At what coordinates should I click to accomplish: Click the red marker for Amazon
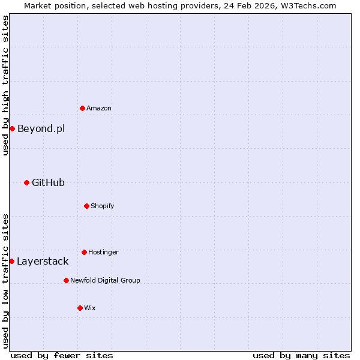coord(82,108)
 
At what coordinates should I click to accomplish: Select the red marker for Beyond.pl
coord(12,128)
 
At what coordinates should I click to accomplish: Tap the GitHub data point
coord(26,182)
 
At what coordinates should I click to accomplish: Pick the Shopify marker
coord(86,206)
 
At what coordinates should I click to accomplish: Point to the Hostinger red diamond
coord(84,252)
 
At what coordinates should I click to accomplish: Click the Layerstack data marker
coord(11,261)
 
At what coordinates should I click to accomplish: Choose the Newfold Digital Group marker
coord(66,280)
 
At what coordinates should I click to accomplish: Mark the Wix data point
coord(80,308)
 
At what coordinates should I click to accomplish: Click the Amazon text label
coord(99,109)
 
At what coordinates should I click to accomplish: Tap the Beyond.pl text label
coord(41,128)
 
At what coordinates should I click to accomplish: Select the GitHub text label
coord(48,182)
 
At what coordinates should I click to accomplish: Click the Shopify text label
coord(103,206)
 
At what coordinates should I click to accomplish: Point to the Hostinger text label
coord(103,253)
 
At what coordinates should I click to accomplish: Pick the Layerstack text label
coord(43,261)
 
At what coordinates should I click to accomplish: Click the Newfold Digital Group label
coord(105,280)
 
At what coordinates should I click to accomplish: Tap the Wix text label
coord(90,308)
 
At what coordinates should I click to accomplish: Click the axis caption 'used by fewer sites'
coord(62,355)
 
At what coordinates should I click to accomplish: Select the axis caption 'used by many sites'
coord(301,355)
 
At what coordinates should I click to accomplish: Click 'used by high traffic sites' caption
coord(5,85)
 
